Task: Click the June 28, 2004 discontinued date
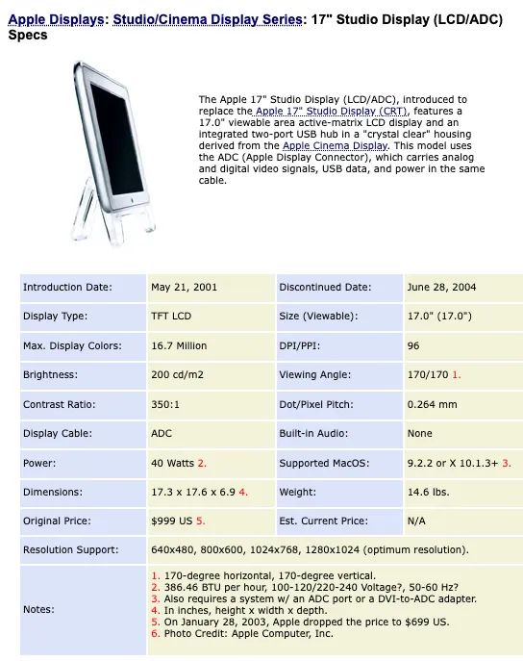point(441,287)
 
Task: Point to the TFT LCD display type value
point(171,316)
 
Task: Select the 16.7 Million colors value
point(179,345)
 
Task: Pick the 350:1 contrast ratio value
point(163,404)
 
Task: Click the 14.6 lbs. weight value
point(427,492)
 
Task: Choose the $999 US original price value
point(171,521)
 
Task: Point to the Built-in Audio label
point(313,433)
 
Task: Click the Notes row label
point(38,609)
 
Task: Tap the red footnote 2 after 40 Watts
point(203,463)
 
